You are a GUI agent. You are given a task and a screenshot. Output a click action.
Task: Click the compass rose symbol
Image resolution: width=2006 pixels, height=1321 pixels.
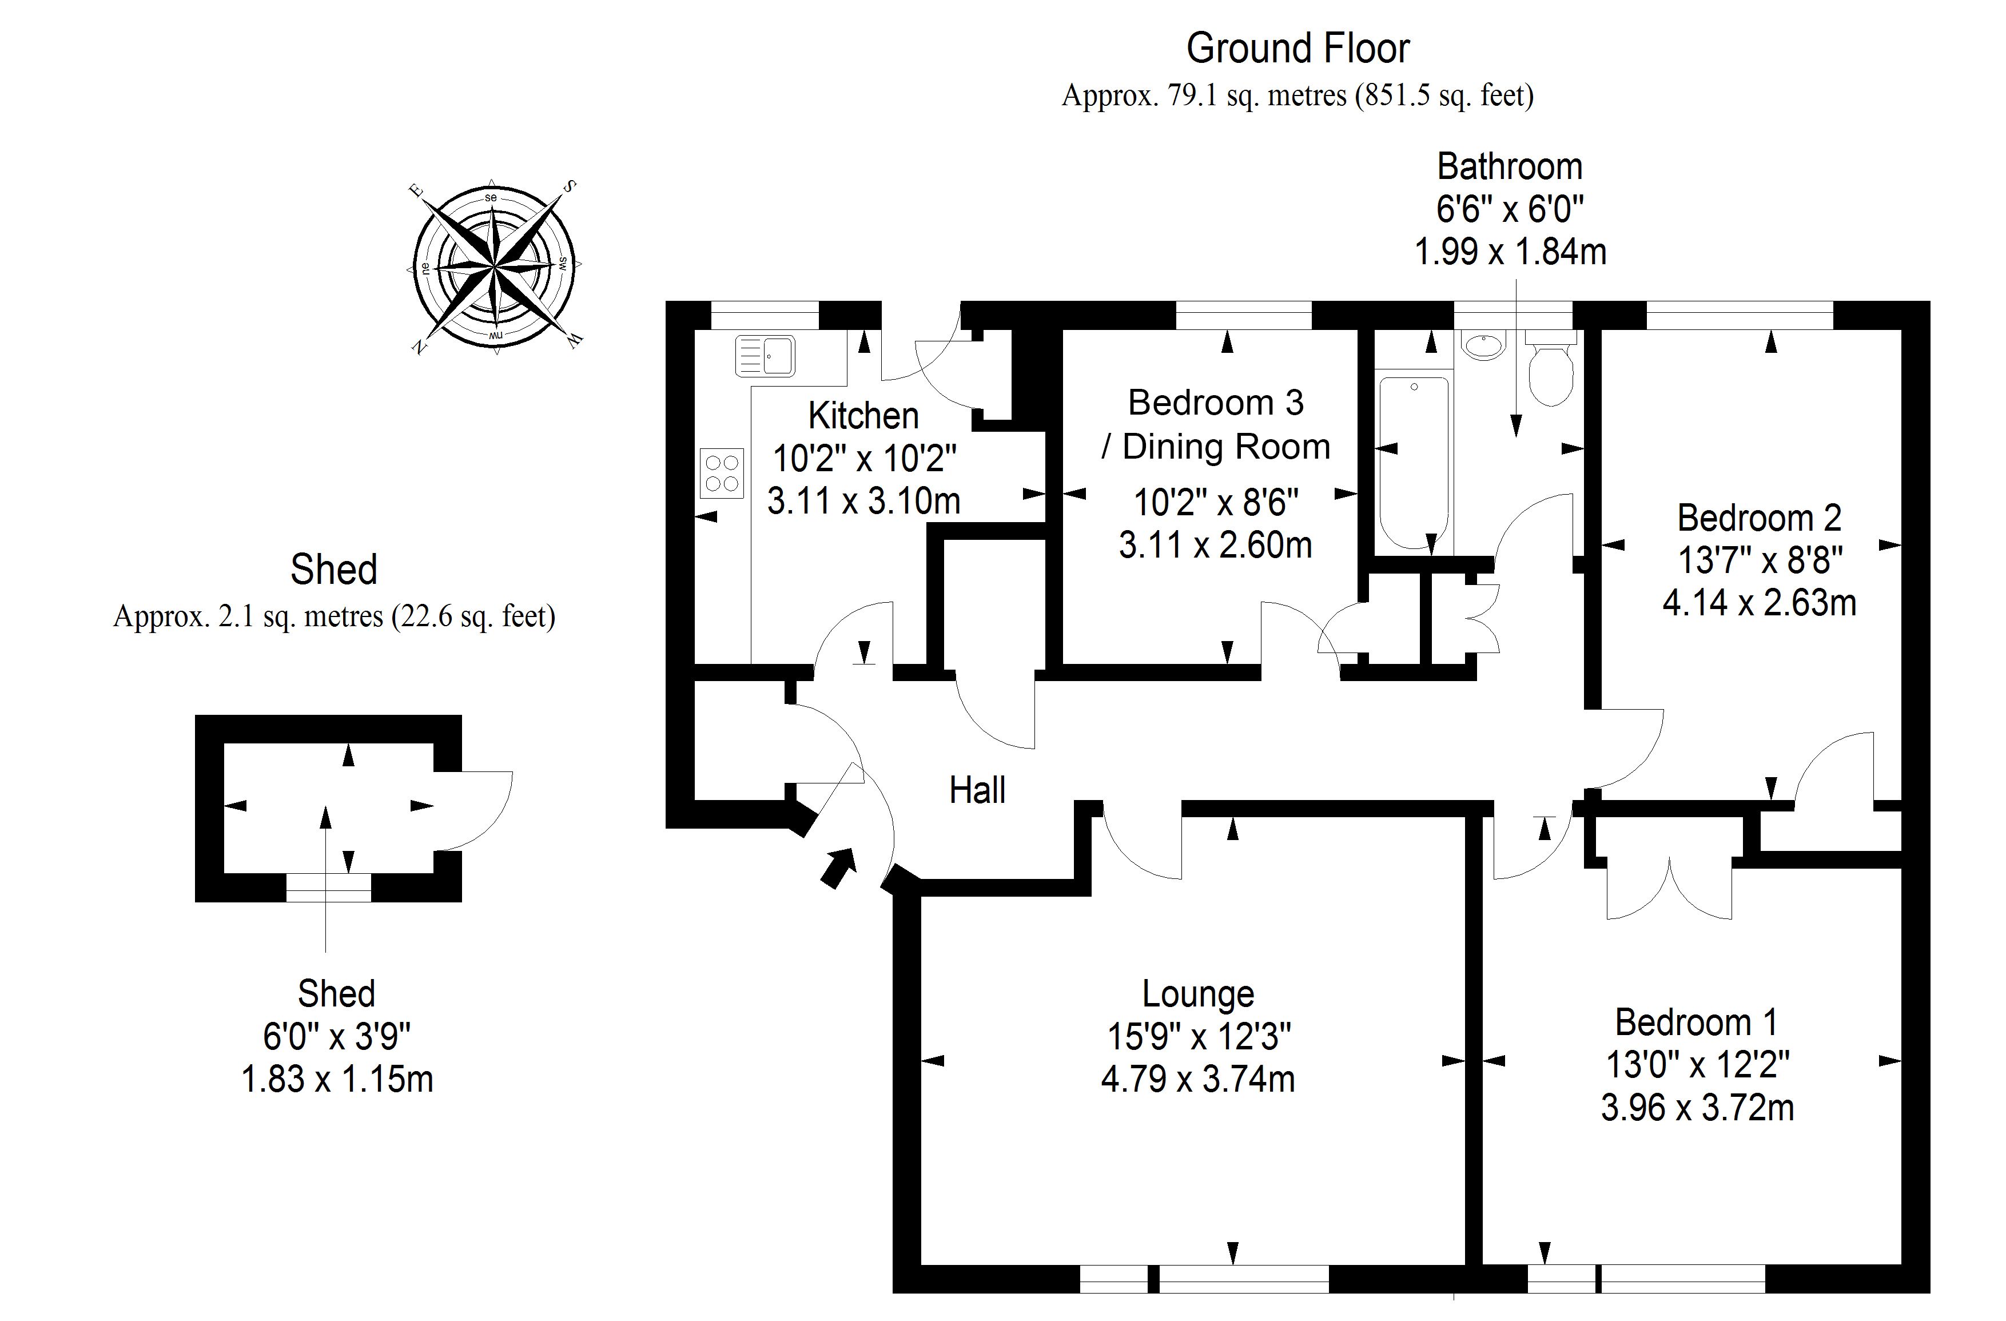(x=495, y=266)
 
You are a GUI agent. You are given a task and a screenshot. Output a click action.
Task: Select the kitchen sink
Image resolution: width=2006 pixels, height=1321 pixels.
(x=765, y=355)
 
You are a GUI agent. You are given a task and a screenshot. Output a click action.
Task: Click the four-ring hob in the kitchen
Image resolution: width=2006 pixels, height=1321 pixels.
(x=722, y=473)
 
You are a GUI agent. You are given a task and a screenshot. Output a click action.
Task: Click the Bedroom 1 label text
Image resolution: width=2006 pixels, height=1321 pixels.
(x=1696, y=1022)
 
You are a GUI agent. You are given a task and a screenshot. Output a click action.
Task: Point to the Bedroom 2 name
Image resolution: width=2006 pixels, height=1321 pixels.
(x=1759, y=518)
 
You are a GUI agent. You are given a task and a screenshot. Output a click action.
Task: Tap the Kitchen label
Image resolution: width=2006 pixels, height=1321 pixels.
(x=863, y=416)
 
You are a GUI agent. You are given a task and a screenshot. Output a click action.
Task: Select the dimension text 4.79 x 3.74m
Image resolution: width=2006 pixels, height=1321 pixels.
(x=1197, y=1080)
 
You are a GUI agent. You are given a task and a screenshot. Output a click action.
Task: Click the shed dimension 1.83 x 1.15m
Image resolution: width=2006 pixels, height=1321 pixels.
(x=337, y=1080)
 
